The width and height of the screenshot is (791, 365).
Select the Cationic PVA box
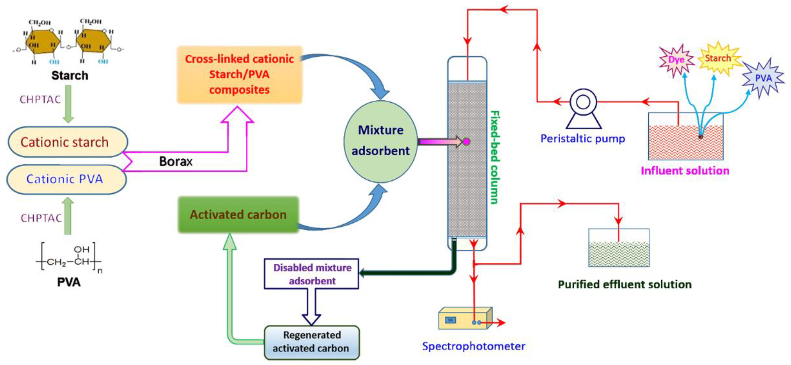(66, 179)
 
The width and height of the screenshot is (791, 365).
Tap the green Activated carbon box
(238, 214)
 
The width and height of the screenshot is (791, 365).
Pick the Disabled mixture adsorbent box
(311, 274)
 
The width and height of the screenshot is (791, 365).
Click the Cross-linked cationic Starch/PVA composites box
(239, 74)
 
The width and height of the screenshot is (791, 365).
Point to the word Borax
(176, 161)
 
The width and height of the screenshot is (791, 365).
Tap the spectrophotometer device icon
(465, 318)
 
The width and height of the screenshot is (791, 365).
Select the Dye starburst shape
(676, 60)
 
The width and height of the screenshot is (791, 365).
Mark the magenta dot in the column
(466, 141)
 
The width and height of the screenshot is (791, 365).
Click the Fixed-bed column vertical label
(495, 157)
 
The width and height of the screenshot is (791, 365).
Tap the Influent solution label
(685, 171)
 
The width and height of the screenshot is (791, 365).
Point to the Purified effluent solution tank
(619, 247)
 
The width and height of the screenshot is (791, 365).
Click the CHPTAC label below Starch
(40, 99)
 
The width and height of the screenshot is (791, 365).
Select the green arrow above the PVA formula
(68, 216)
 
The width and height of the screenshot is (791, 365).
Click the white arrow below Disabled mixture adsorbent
(311, 307)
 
